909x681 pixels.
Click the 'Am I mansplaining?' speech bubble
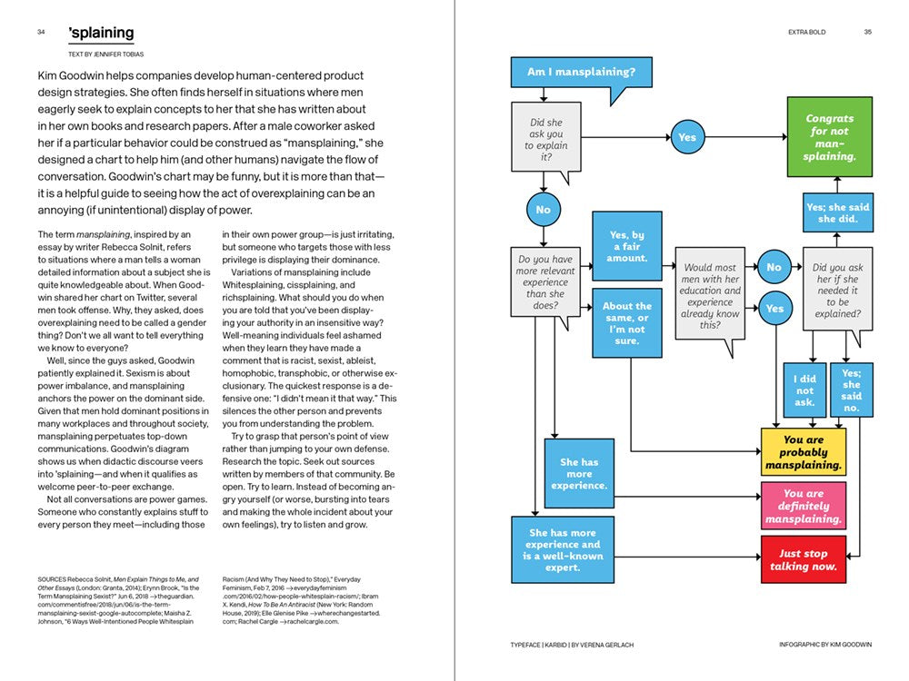[x=582, y=72]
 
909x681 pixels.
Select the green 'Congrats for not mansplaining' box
[x=830, y=137]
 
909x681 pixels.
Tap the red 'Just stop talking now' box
[x=804, y=560]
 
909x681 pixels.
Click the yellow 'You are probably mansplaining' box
[x=804, y=452]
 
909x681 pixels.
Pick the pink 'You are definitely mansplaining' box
[x=804, y=507]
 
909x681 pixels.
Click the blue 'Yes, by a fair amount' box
[x=626, y=246]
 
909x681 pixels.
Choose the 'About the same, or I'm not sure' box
[x=626, y=318]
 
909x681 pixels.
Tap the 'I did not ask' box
[x=804, y=390]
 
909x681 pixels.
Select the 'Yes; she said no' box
[x=851, y=390]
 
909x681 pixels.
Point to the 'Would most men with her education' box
[x=710, y=296]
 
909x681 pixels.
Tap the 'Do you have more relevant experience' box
[x=544, y=281]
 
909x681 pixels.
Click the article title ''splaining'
[x=101, y=33]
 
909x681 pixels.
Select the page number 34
[x=42, y=33]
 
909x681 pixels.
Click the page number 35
[x=867, y=33]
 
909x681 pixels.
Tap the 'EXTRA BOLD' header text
[x=806, y=33]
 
